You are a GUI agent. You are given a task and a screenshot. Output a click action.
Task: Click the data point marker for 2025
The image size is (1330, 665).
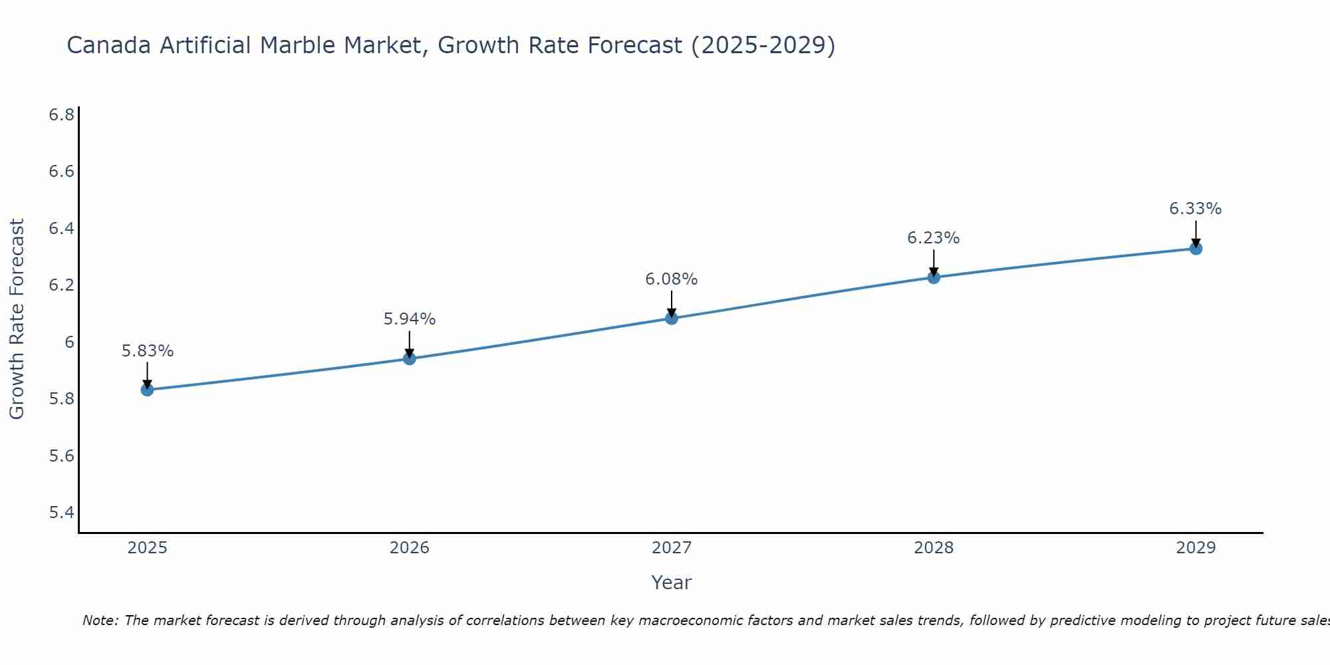click(x=148, y=390)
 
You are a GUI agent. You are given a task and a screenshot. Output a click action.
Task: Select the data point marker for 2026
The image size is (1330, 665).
click(x=410, y=359)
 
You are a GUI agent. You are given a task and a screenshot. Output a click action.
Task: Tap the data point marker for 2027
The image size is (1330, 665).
click(x=672, y=319)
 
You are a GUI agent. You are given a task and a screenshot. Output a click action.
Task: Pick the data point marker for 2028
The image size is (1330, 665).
click(x=934, y=277)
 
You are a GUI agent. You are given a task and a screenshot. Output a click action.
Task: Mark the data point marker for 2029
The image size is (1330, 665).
click(x=1196, y=249)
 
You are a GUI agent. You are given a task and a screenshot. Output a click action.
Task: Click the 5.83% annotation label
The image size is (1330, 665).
click(x=148, y=351)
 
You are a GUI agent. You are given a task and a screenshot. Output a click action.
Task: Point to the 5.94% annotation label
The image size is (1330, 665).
click(x=410, y=319)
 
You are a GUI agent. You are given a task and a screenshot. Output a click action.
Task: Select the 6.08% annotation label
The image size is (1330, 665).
click(x=672, y=279)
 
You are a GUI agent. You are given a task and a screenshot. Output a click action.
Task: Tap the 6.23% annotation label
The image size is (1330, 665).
click(x=934, y=238)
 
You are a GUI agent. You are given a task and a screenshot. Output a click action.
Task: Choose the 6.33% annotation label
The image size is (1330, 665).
click(x=1196, y=209)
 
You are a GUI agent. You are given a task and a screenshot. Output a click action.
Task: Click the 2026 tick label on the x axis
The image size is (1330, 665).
click(x=410, y=548)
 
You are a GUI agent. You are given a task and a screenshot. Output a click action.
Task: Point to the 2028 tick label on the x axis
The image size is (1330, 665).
click(x=934, y=548)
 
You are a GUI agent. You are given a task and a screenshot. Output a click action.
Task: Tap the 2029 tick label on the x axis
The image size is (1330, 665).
click(x=1196, y=548)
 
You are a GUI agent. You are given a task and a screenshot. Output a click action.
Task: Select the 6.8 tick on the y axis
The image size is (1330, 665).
click(x=61, y=115)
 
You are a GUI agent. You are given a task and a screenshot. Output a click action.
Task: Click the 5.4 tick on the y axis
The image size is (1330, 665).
click(x=61, y=513)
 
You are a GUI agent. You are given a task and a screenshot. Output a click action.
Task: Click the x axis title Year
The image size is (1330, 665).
click(x=672, y=583)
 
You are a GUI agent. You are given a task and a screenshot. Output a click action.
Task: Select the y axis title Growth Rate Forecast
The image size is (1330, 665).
click(x=17, y=319)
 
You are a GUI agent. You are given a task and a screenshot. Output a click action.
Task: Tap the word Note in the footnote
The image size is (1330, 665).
click(x=100, y=620)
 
